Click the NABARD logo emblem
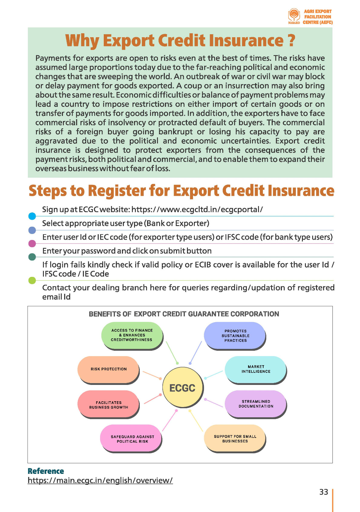point(294,15)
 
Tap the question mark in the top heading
point(291,41)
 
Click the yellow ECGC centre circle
point(182,388)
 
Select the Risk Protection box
point(108,369)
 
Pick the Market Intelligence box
point(256,369)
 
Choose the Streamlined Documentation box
point(256,404)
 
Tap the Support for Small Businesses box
point(235,438)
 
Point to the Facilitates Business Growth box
point(108,405)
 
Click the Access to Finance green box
point(132,335)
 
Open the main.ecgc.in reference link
point(100,480)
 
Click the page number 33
point(324,492)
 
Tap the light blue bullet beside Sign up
point(32,216)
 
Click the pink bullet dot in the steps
point(32,244)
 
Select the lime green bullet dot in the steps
point(32,281)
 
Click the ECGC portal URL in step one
point(197,209)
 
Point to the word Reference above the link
point(46,471)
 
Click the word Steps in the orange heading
point(48,191)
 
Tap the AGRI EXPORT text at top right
point(318,11)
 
